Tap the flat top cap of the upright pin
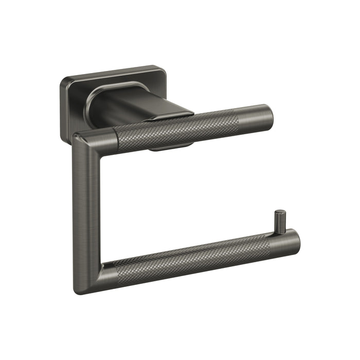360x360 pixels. coord(279,212)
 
